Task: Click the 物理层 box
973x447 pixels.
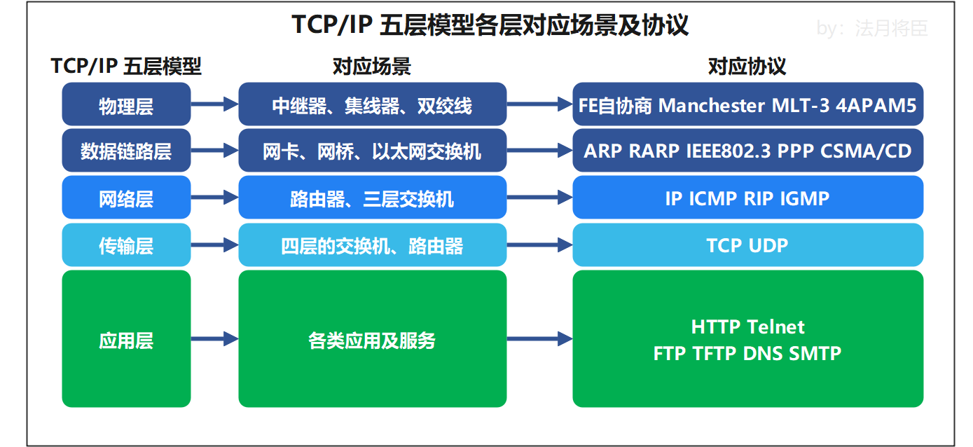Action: (126, 105)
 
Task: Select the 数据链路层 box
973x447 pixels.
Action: (126, 151)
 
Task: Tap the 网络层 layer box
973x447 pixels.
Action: (126, 198)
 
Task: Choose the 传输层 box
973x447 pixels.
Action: (126, 245)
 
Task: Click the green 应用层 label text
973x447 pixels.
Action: (126, 341)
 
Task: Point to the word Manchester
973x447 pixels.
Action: (712, 105)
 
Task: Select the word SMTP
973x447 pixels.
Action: (815, 352)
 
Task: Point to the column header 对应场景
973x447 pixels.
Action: (371, 67)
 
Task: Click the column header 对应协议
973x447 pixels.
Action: (747, 67)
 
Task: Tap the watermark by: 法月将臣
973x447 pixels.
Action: (872, 28)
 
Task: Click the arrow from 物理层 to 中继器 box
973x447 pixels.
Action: (214, 104)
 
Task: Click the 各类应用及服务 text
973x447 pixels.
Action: (372, 341)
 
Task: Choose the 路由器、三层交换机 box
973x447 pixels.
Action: (372, 198)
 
